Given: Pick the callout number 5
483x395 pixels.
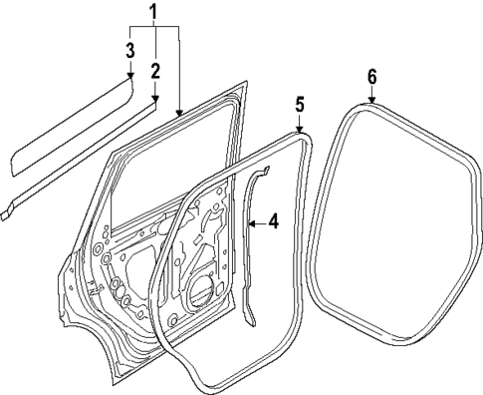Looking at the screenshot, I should point(299,104).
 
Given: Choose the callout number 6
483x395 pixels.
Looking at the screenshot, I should point(371,76).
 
